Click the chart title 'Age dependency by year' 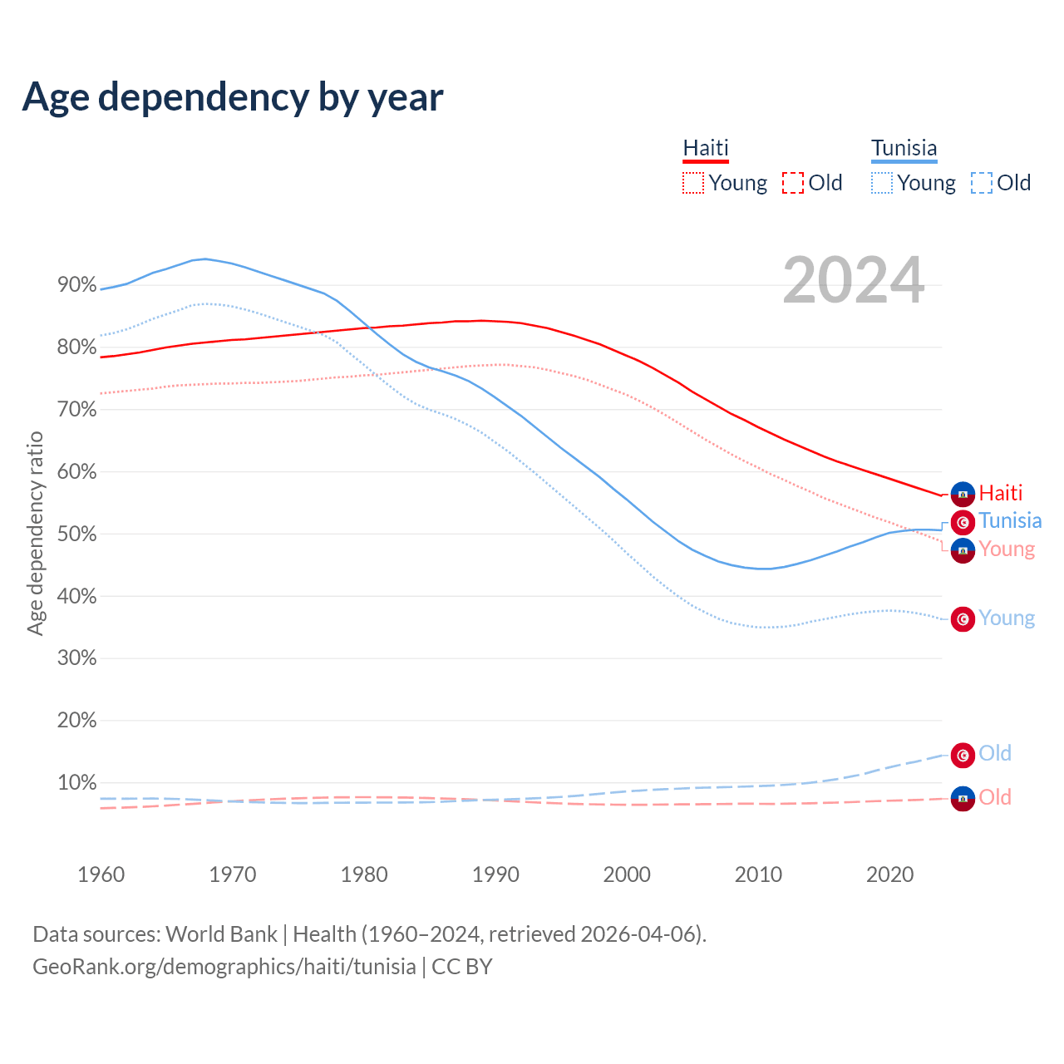click(x=233, y=96)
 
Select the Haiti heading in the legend click(x=706, y=149)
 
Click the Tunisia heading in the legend click(x=904, y=149)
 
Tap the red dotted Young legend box click(x=693, y=183)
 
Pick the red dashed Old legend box click(x=793, y=183)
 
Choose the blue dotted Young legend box click(x=882, y=183)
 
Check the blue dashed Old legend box click(x=982, y=183)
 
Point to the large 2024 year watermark click(x=853, y=280)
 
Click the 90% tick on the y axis click(x=76, y=285)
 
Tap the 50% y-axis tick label click(x=76, y=534)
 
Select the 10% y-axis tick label click(x=76, y=782)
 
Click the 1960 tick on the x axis click(x=101, y=874)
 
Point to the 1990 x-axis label click(x=495, y=874)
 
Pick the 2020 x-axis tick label click(x=889, y=874)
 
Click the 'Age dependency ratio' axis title click(x=35, y=533)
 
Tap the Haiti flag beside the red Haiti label click(x=963, y=494)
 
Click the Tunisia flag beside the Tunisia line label click(x=963, y=523)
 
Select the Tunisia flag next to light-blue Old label click(x=963, y=755)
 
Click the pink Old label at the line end click(x=995, y=797)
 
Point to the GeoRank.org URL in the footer click(x=224, y=967)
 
